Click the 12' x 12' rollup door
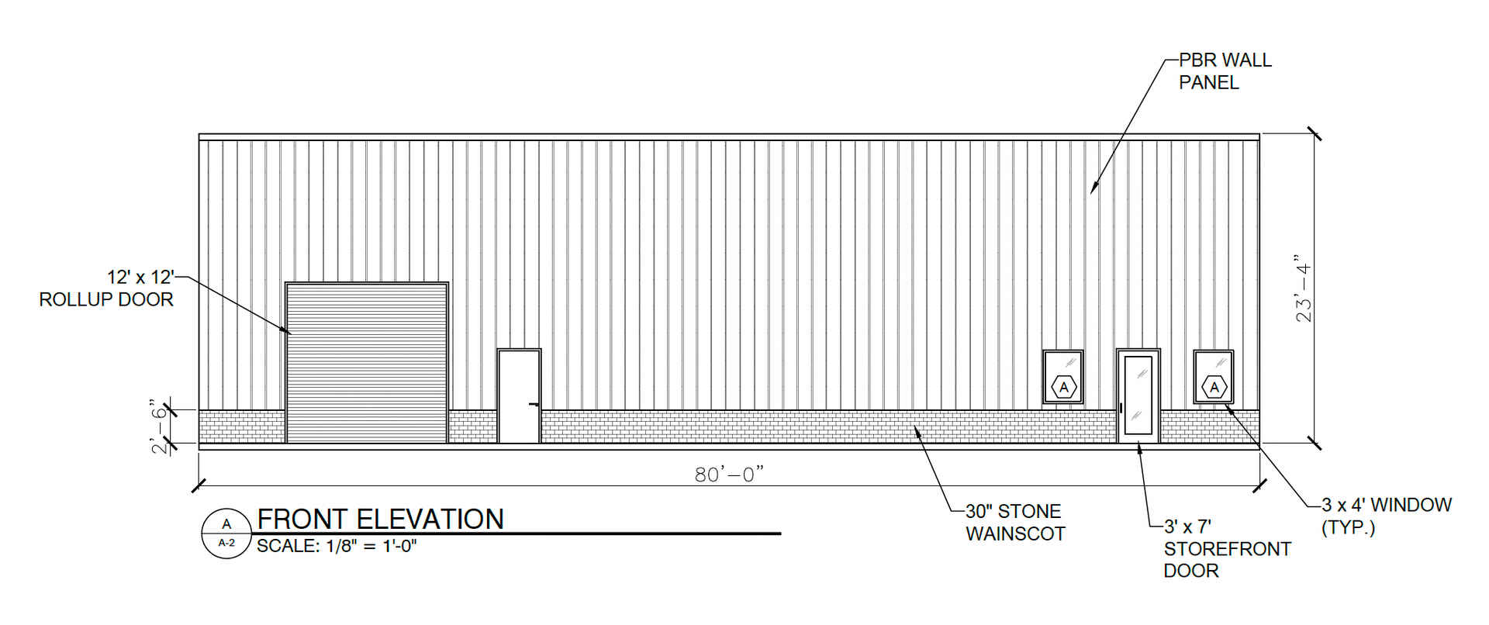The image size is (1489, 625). coord(367,363)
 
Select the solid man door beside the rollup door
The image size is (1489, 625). coord(519,396)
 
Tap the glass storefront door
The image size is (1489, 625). coord(1138,396)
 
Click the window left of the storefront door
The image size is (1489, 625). coord(1063,378)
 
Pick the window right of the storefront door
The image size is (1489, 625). coord(1214,378)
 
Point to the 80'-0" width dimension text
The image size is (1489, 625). coord(729,474)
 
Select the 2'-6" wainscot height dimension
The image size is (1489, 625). coord(161,426)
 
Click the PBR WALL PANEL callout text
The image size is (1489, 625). coord(1225,71)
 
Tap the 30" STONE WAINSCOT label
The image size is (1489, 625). coord(1015,523)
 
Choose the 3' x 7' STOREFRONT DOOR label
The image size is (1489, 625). coord(1228,548)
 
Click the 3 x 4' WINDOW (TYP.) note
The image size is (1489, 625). coord(1387,516)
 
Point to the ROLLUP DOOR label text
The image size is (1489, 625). coord(106,299)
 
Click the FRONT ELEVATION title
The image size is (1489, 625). coord(381,519)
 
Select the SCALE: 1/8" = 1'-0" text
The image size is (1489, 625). coord(337,546)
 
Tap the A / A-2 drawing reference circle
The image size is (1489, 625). coord(226,533)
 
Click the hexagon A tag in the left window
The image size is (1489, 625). coord(1063,387)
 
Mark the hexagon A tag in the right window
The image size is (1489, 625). coord(1214,387)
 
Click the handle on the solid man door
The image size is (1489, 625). coord(534,404)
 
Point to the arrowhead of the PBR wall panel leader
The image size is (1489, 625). coord(1093,191)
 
